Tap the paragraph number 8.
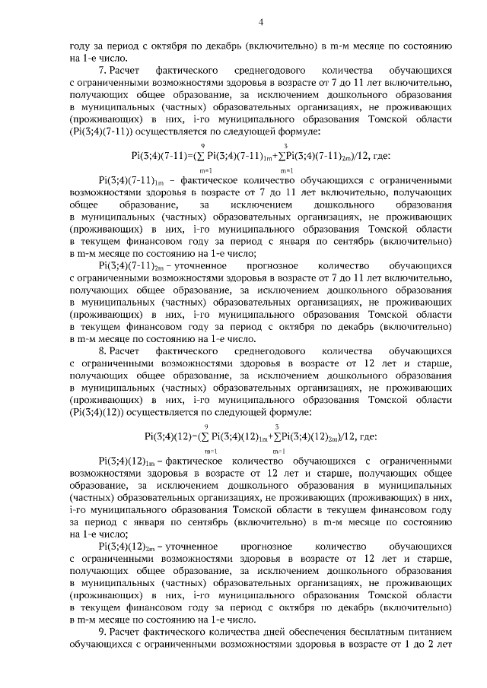coord(103,350)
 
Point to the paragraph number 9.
coord(103,632)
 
